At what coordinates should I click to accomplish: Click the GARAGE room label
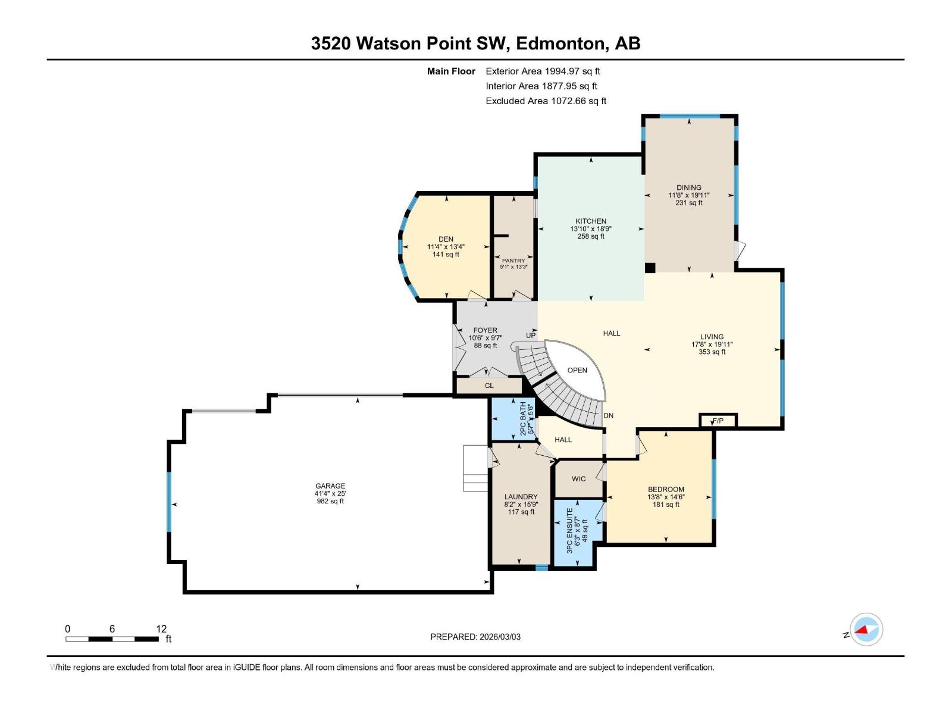click(330, 486)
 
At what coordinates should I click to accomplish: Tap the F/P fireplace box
click(718, 421)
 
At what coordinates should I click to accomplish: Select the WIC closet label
click(578, 478)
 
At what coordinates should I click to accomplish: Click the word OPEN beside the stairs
click(577, 370)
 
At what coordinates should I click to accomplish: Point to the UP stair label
click(531, 336)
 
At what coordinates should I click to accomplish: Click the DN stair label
click(608, 415)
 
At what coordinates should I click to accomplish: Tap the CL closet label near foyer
click(489, 386)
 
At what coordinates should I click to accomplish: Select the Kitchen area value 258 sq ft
click(591, 236)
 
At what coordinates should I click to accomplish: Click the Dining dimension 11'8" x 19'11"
click(689, 195)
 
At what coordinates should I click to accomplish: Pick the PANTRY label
click(513, 261)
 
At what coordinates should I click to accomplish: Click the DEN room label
click(446, 239)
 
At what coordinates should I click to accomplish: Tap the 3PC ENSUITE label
click(570, 531)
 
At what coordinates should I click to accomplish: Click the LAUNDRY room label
click(521, 497)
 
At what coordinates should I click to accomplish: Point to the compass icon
click(866, 629)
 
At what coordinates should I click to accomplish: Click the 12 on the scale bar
click(161, 628)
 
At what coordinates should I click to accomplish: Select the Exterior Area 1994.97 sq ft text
click(543, 71)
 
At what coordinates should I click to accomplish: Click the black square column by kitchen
click(650, 268)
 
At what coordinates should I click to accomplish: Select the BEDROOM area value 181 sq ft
click(666, 505)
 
